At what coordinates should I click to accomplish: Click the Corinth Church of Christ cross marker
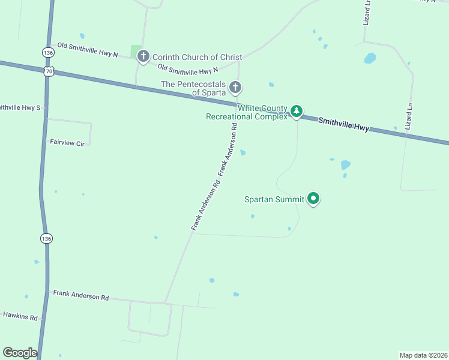[x=143, y=57]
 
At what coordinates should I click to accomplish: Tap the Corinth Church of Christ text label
[x=197, y=57]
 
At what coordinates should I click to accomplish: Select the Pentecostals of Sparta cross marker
[x=235, y=88]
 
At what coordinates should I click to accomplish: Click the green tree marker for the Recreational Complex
[x=296, y=111]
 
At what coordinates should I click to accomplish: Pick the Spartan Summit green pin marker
[x=313, y=198]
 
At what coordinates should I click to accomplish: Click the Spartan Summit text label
[x=274, y=199]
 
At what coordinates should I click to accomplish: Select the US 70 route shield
[x=49, y=71]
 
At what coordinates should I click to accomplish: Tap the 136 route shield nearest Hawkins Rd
[x=46, y=238]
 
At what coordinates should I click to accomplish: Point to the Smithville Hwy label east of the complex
[x=343, y=124]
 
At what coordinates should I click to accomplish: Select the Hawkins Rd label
[x=20, y=316]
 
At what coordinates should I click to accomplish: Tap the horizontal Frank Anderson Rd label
[x=80, y=296]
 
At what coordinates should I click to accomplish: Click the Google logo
[x=20, y=352]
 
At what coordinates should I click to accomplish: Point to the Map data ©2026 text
[x=423, y=355]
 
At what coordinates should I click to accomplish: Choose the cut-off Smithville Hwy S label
[x=20, y=108]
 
